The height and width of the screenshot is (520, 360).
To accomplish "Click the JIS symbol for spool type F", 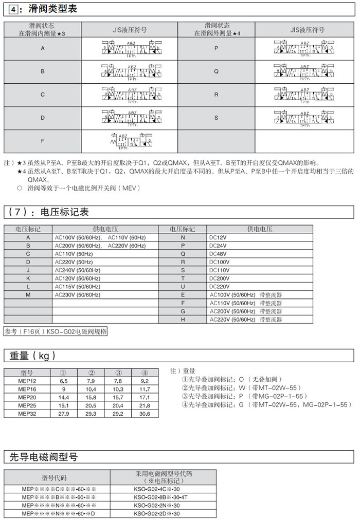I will tap(132, 141).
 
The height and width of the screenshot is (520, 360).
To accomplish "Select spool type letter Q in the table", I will tap(216, 72).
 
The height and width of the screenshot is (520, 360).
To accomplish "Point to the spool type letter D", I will tap(43, 118).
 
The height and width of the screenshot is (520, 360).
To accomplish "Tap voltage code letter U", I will tap(183, 287).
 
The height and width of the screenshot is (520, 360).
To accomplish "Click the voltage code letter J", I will tap(28, 270).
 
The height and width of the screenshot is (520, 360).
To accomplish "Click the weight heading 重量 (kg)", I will tap(32, 356).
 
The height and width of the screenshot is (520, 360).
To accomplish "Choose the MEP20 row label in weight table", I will tap(27, 397).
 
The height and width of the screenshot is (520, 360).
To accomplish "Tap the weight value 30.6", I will tap(144, 414).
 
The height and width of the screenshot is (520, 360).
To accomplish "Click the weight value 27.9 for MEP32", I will tap(64, 414).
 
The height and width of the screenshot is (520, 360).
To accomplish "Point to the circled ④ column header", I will tap(145, 373).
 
